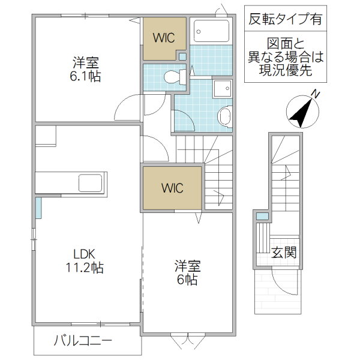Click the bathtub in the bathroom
point(211,31)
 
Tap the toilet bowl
point(172,77)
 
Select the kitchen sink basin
point(90,183)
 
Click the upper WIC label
point(164,38)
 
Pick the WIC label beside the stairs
point(172,188)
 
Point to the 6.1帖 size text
point(85,76)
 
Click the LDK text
point(84,254)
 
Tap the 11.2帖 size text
point(85,268)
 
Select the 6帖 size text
point(187,280)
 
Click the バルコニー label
point(83,340)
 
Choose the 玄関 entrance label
point(284,253)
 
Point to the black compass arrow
point(301,113)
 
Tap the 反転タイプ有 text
point(286,19)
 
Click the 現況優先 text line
point(286,70)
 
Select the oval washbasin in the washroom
point(224,116)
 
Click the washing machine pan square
point(223,88)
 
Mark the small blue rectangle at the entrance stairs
point(262,216)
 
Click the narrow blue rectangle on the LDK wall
point(38,208)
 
